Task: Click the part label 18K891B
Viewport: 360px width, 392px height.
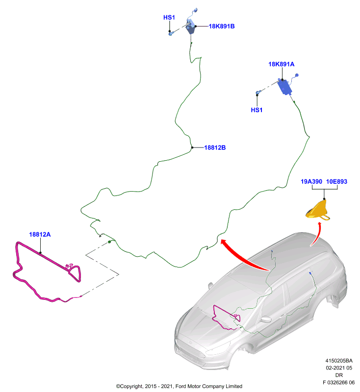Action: click(x=222, y=26)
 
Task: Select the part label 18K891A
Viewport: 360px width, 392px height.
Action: click(x=281, y=64)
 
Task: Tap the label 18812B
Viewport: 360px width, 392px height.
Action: click(x=215, y=147)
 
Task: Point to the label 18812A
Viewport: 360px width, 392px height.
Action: click(x=40, y=235)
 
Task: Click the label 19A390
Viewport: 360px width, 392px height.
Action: click(x=311, y=181)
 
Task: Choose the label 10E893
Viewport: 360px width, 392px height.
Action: click(x=337, y=181)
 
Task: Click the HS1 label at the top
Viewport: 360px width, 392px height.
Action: click(x=169, y=18)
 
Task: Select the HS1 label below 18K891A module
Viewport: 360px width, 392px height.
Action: click(x=257, y=110)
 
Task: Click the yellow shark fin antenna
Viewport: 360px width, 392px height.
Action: click(x=318, y=211)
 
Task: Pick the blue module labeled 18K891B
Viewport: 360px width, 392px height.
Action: click(x=191, y=27)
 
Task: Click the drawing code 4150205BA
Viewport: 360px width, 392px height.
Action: click(x=339, y=361)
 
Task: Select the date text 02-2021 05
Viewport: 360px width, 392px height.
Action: click(x=339, y=368)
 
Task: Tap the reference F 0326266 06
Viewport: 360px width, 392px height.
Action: click(x=338, y=382)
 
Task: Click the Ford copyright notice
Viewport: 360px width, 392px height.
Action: click(x=179, y=386)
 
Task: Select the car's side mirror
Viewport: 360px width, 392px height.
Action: click(x=266, y=319)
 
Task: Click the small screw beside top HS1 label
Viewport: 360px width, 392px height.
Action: click(x=171, y=33)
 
